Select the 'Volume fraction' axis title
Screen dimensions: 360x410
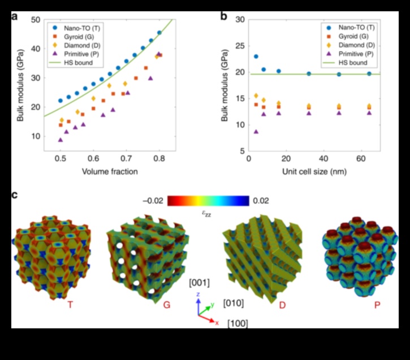109,171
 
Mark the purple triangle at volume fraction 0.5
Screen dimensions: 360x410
61,140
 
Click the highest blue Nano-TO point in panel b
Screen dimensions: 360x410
256,57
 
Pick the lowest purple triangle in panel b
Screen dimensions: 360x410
256,132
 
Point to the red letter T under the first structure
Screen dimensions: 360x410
70,305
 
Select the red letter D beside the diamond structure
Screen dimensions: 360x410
282,305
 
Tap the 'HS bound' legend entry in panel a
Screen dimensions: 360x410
81,63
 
